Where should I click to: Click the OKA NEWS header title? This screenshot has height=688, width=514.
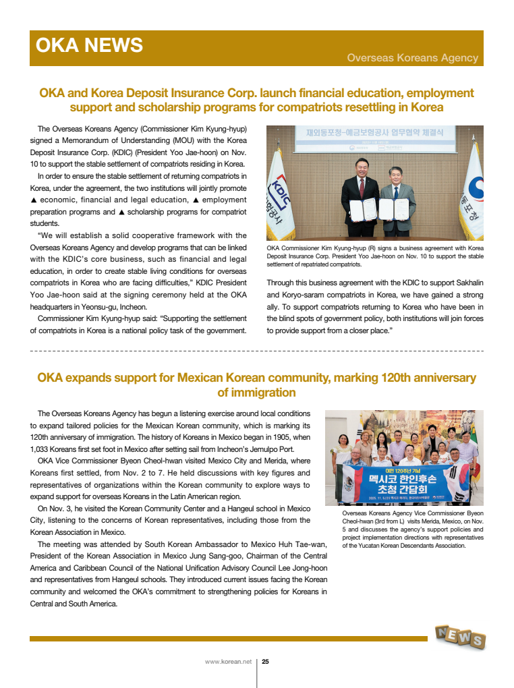(x=89, y=45)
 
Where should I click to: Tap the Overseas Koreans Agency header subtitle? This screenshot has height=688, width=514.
(x=412, y=58)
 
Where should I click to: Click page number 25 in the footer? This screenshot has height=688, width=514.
(x=265, y=662)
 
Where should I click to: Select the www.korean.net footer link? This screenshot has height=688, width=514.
(x=228, y=662)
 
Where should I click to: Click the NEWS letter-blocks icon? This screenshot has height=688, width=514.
(x=459, y=636)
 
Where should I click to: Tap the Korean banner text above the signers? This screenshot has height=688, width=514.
(x=374, y=133)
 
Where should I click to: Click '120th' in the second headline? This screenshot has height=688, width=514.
(x=362, y=378)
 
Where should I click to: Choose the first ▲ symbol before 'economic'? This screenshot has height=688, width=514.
(x=34, y=200)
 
